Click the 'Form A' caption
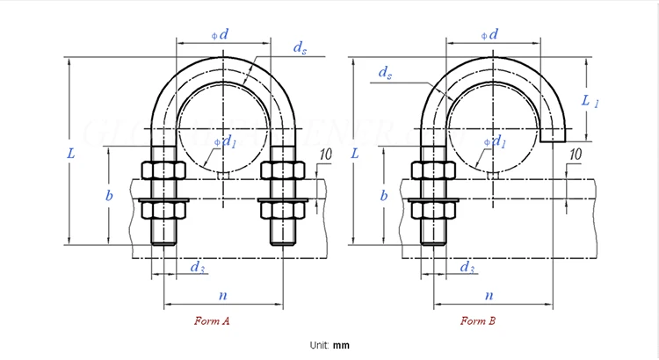click(x=212, y=320)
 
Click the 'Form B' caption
click(x=479, y=320)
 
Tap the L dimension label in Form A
click(x=71, y=153)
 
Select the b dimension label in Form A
click(x=109, y=196)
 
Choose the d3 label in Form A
click(x=199, y=267)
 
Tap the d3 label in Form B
click(x=468, y=267)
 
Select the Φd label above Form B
click(x=490, y=35)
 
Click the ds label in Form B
click(x=385, y=71)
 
